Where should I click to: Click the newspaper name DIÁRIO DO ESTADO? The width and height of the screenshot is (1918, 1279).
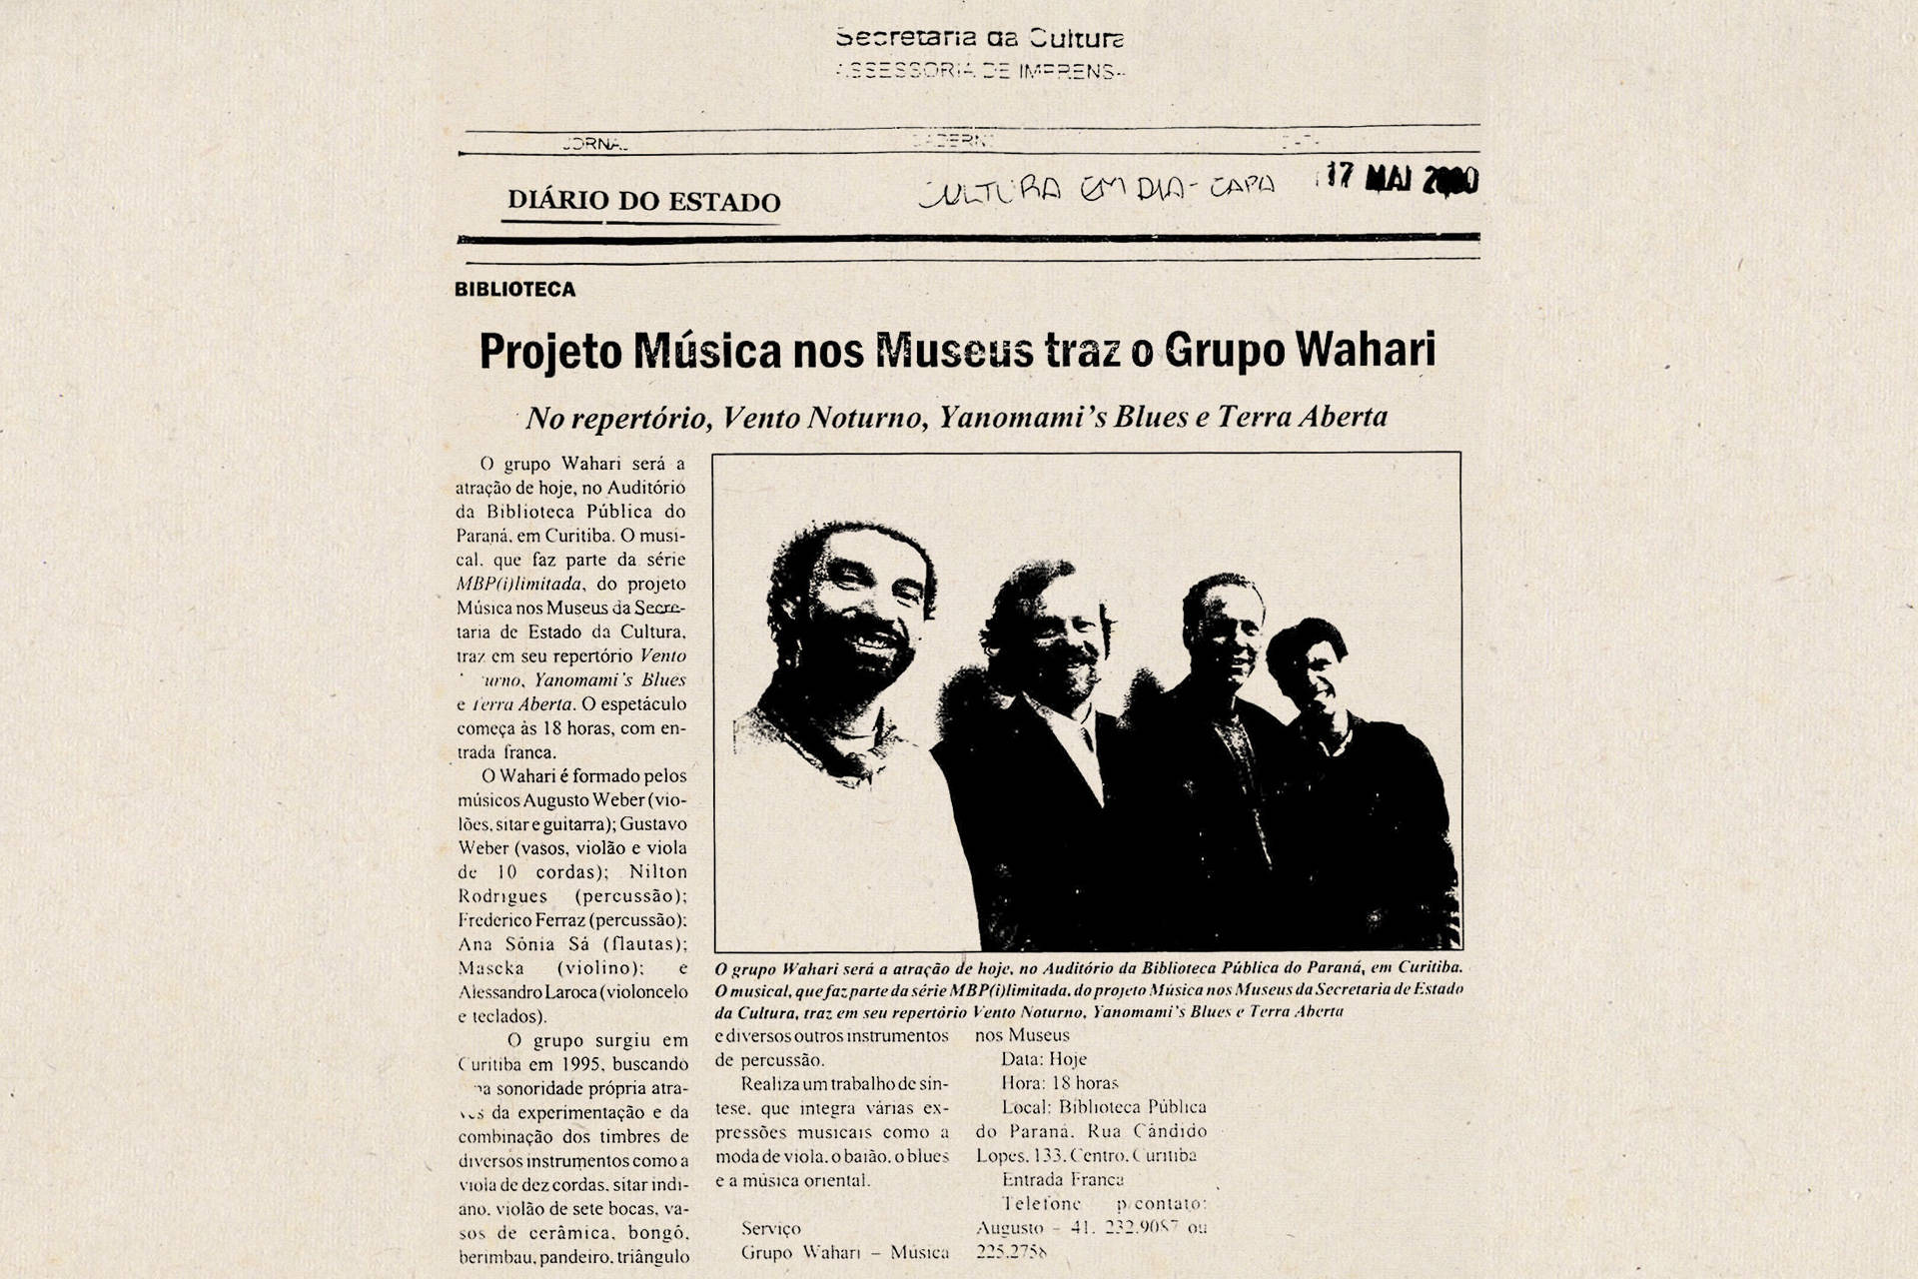click(x=643, y=200)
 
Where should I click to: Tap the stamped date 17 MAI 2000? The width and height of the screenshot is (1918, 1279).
click(x=1403, y=178)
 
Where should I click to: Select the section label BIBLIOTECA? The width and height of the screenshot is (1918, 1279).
click(x=514, y=290)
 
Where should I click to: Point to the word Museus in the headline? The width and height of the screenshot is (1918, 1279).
click(x=954, y=351)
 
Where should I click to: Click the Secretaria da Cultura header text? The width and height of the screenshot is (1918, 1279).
click(x=979, y=39)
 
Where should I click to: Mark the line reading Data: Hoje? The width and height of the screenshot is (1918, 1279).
click(x=1043, y=1059)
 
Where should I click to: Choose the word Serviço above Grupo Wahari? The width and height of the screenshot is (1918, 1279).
click(x=770, y=1228)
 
